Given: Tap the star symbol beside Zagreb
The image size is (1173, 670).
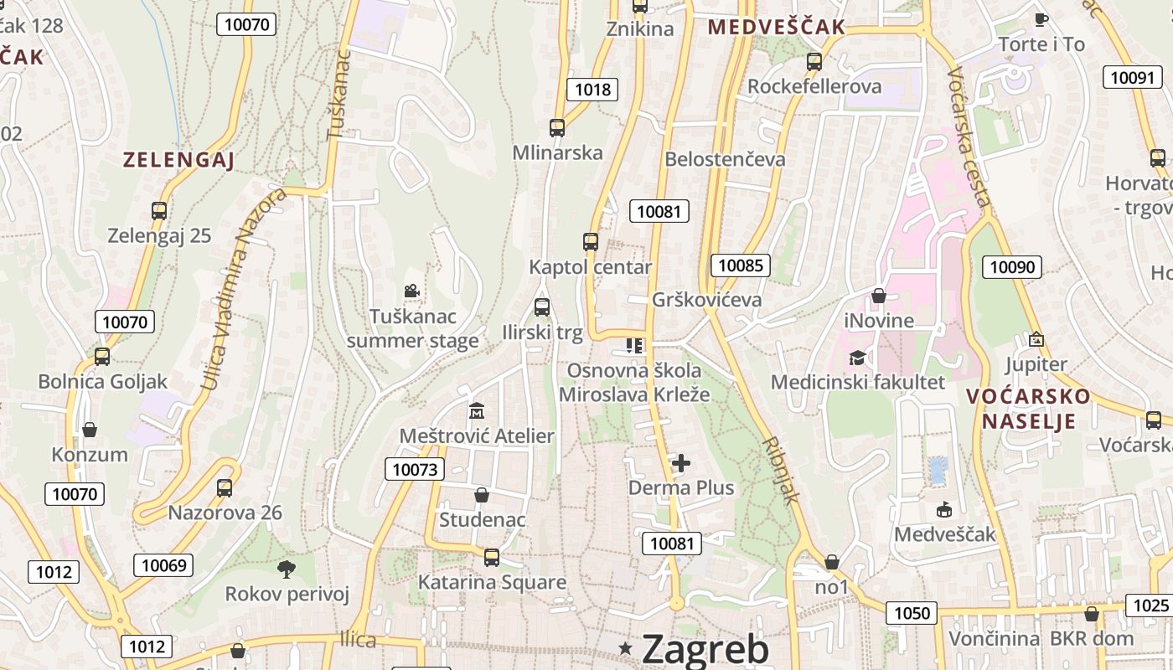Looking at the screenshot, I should click(x=625, y=648).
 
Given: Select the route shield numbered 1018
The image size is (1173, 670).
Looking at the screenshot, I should click(x=592, y=90).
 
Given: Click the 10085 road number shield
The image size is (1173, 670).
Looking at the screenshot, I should click(x=741, y=265).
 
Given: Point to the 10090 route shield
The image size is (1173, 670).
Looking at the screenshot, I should click(x=1012, y=267).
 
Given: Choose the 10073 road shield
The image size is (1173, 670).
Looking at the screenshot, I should click(x=415, y=469).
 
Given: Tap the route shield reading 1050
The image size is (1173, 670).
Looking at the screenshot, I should click(x=912, y=613).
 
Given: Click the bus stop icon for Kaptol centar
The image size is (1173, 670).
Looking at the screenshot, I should click(x=591, y=242).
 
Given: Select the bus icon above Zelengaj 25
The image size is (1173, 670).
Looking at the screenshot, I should click(x=159, y=211).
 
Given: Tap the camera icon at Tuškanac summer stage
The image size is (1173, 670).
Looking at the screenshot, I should click(x=411, y=291).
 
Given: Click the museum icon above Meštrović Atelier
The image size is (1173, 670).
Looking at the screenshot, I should click(x=477, y=410).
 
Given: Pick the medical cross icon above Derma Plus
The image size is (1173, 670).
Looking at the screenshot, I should click(x=681, y=462).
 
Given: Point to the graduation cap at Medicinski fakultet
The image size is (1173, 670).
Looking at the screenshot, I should click(x=857, y=358).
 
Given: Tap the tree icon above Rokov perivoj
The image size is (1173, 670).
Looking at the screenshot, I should click(x=287, y=569).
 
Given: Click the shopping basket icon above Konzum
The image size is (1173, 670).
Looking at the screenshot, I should click(x=90, y=430).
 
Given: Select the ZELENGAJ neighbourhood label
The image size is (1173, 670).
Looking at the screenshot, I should click(x=178, y=160).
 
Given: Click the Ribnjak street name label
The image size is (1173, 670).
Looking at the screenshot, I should click(x=782, y=470).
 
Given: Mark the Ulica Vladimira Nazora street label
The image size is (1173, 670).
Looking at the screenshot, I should click(x=244, y=290).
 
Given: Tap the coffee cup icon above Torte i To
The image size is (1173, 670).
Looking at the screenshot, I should click(x=1041, y=19).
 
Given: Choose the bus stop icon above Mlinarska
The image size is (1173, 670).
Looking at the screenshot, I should click(x=557, y=128).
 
